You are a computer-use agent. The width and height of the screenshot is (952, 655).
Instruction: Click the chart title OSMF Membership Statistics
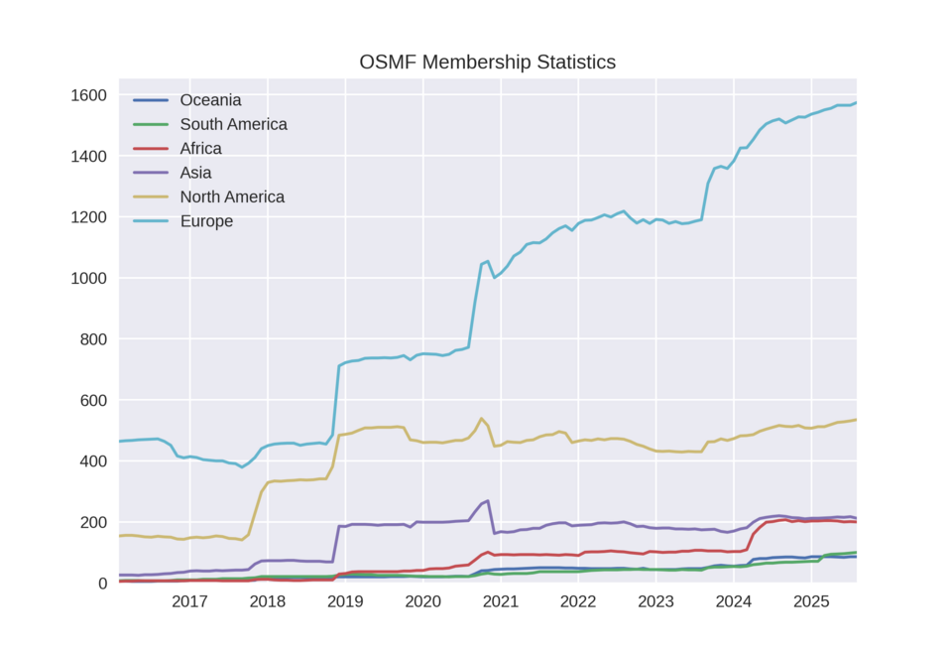click(487, 63)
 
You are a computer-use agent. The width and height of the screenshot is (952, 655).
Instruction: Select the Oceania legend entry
click(210, 100)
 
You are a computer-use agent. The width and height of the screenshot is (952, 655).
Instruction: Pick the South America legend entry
click(233, 124)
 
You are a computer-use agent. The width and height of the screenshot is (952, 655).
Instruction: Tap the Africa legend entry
click(200, 149)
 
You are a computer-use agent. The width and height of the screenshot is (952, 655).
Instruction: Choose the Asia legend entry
click(195, 173)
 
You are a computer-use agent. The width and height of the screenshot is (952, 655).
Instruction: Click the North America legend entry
click(232, 196)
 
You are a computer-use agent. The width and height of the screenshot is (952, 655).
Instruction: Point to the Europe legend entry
click(206, 221)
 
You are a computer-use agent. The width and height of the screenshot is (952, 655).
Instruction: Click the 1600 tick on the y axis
click(89, 95)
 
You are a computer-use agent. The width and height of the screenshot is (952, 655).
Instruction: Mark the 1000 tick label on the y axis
click(89, 279)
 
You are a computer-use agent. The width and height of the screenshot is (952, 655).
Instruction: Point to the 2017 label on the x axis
click(189, 602)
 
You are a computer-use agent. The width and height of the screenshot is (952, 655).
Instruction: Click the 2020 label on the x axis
click(422, 602)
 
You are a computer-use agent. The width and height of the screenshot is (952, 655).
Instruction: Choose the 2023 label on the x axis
click(655, 602)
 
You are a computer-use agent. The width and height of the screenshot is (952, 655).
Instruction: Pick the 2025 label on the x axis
click(811, 602)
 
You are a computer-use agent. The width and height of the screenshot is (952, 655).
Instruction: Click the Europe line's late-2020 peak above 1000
click(487, 261)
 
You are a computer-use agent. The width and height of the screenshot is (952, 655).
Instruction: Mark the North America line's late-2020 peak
click(481, 419)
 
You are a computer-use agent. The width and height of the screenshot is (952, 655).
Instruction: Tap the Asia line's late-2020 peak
click(487, 501)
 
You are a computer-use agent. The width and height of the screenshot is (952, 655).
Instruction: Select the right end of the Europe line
click(856, 102)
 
